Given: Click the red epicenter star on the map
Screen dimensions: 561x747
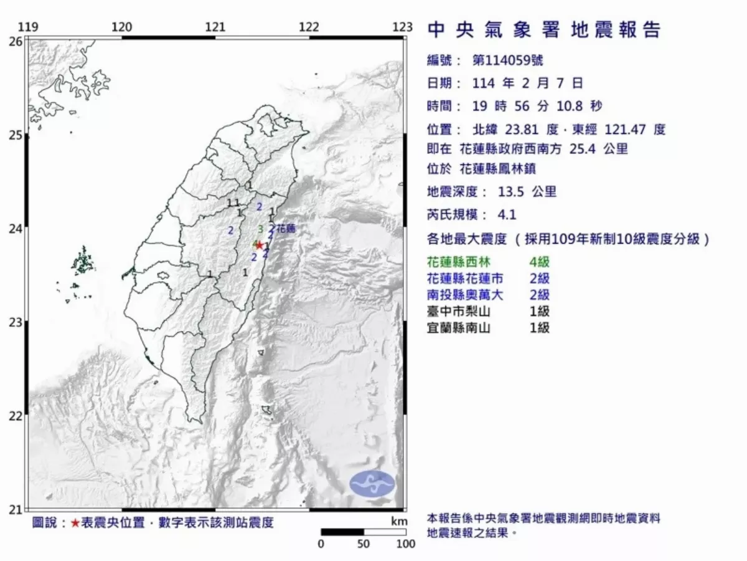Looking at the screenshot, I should [x=259, y=245].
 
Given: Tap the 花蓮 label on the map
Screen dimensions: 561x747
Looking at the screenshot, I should [x=284, y=229].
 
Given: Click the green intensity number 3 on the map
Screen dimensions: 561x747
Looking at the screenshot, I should [x=260, y=229].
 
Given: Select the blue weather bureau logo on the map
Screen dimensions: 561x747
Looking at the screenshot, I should [x=372, y=484].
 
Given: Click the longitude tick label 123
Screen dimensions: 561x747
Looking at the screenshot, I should [x=403, y=27].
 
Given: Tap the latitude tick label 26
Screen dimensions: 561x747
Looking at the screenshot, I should [x=16, y=41].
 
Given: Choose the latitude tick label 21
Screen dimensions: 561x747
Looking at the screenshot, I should [x=16, y=510].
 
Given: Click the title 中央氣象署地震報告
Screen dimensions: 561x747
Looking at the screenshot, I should [x=544, y=29].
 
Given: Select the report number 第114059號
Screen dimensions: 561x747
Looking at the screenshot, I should [x=504, y=61].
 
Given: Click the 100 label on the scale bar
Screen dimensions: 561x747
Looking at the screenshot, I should [x=405, y=544].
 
